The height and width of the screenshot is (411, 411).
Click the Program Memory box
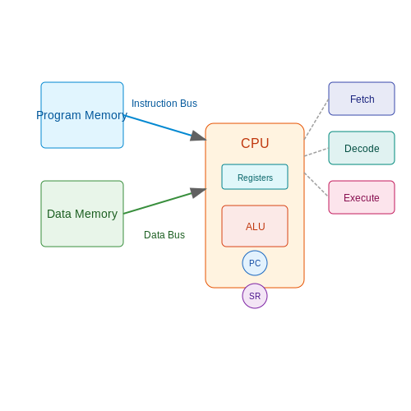click(x=82, y=115)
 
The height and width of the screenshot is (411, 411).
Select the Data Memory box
click(x=82, y=214)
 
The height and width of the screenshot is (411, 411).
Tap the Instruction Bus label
click(x=164, y=104)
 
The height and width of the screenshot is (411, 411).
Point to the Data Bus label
click(x=164, y=235)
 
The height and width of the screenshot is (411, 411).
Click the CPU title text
click(x=255, y=143)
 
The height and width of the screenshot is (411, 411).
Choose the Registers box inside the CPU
click(x=255, y=177)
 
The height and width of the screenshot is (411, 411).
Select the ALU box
click(x=255, y=226)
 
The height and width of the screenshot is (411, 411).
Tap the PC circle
click(x=255, y=263)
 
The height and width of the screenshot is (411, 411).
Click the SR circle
click(x=255, y=296)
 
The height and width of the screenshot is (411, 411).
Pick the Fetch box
click(x=362, y=99)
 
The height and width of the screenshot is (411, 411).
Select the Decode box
click(x=362, y=148)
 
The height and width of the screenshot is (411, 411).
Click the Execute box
click(x=362, y=197)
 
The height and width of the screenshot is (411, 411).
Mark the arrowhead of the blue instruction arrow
click(x=198, y=136)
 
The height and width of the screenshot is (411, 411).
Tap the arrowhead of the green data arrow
click(x=198, y=192)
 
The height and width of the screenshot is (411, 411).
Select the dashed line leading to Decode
click(x=316, y=152)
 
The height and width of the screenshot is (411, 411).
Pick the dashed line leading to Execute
click(x=316, y=185)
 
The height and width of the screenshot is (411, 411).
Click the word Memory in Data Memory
click(x=96, y=214)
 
